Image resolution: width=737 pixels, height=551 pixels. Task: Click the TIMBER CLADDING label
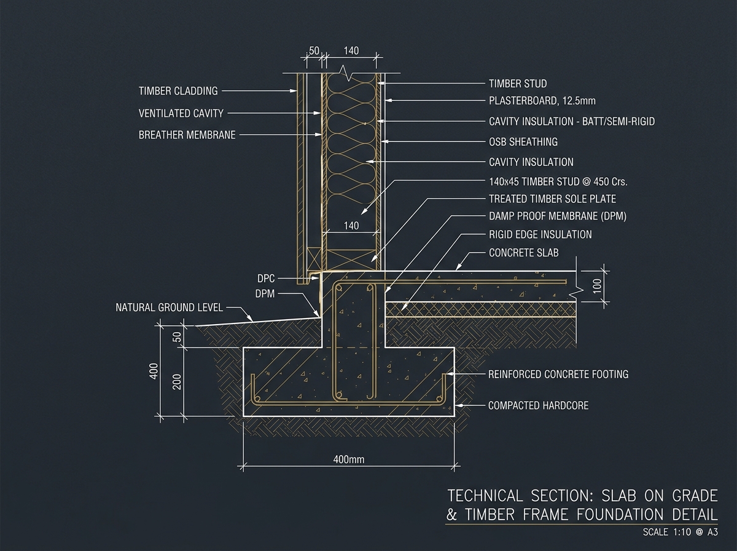pyautogui.click(x=178, y=91)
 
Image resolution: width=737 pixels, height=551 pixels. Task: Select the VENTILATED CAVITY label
pyautogui.click(x=181, y=114)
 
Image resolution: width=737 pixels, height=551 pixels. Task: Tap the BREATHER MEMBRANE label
pyautogui.click(x=187, y=135)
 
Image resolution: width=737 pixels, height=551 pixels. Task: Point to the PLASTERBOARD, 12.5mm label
pyautogui.click(x=542, y=101)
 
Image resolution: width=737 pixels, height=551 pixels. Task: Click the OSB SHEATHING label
pyautogui.click(x=523, y=142)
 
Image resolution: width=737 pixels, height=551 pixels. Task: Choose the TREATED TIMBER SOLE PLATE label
pyautogui.click(x=552, y=199)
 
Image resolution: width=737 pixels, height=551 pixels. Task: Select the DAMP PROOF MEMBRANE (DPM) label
pyautogui.click(x=558, y=216)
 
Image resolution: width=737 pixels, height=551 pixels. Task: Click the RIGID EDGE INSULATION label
pyautogui.click(x=540, y=235)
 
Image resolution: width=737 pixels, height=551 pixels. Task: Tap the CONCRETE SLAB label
pyautogui.click(x=524, y=253)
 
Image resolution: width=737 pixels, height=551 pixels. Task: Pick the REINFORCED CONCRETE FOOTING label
pyautogui.click(x=558, y=375)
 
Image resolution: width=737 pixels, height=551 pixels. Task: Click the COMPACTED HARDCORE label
pyautogui.click(x=538, y=406)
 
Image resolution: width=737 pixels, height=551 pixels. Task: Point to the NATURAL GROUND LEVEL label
pyautogui.click(x=170, y=307)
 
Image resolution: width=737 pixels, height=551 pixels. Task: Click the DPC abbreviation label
pyautogui.click(x=266, y=279)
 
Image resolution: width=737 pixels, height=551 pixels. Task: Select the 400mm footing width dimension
pyautogui.click(x=348, y=459)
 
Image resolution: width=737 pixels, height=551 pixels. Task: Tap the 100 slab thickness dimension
pyautogui.click(x=598, y=286)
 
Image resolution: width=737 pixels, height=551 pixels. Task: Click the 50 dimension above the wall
pyautogui.click(x=314, y=51)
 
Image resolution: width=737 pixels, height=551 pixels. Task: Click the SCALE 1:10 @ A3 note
pyautogui.click(x=680, y=532)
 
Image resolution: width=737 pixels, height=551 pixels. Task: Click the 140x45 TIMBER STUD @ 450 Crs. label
pyautogui.click(x=558, y=182)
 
